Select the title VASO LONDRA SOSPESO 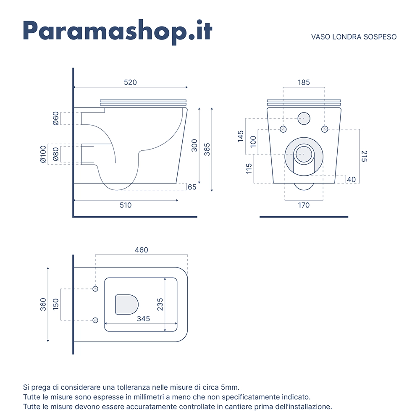coord(354,37)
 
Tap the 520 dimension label coord(131,82)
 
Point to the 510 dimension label coord(126,205)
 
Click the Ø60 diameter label coord(55,118)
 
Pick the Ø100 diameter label coord(43,154)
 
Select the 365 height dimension coord(207,150)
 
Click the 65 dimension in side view coord(192,187)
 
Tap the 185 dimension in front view coord(304,82)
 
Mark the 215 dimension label coord(364,156)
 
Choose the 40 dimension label coord(352,179)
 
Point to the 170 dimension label coord(304,205)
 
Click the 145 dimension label coord(241,136)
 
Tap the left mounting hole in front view coord(283,129)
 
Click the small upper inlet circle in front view coord(304,118)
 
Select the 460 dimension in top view coord(142,250)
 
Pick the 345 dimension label coord(143,319)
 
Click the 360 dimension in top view coord(43,304)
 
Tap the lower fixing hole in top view coord(95,320)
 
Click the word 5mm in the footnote coord(230,387)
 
